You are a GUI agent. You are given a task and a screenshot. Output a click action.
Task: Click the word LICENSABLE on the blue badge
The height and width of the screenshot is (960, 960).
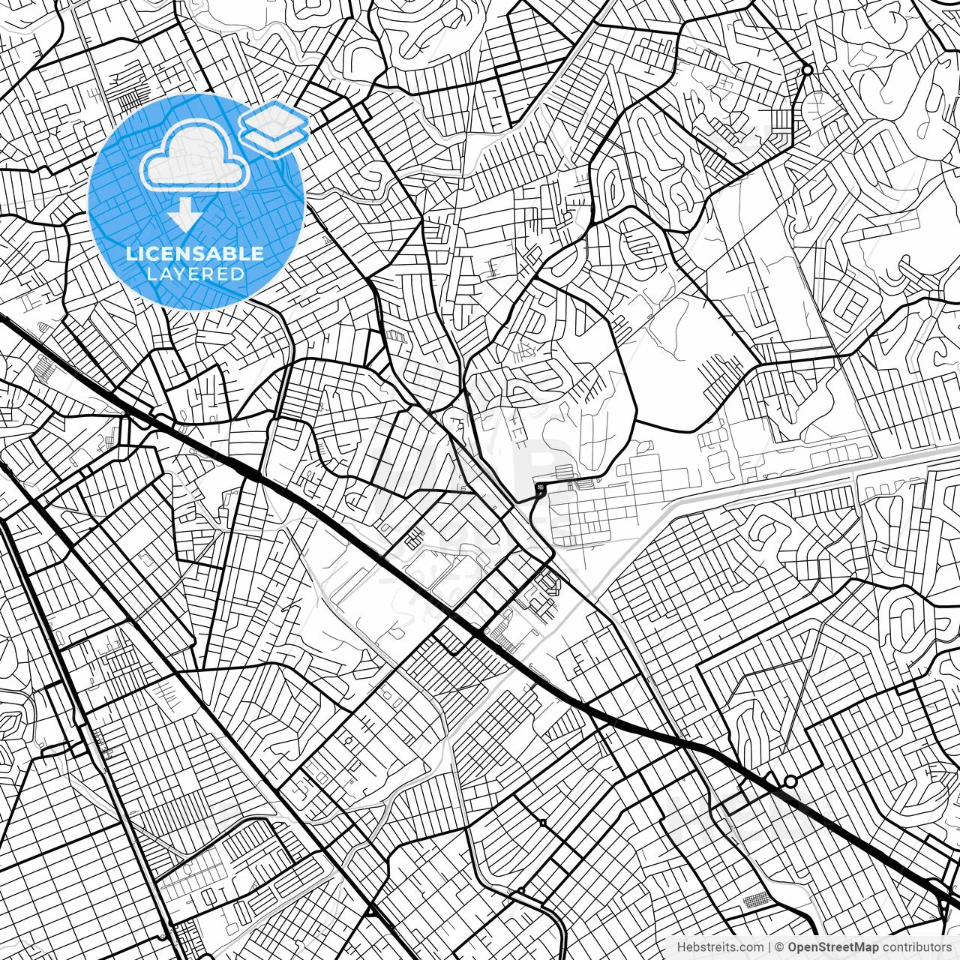pos(195,253)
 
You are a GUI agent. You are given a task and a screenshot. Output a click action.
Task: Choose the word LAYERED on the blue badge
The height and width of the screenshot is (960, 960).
pos(195,274)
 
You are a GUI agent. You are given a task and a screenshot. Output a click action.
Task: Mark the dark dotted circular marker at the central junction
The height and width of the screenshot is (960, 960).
pos(540,487)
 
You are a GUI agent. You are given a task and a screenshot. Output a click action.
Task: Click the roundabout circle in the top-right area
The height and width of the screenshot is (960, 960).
pos(807,70)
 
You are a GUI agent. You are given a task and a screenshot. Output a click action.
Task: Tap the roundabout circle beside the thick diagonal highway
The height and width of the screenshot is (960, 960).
pos(790,781)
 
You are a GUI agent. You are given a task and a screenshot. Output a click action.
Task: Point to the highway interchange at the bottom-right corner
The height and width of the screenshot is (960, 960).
pos(943,900)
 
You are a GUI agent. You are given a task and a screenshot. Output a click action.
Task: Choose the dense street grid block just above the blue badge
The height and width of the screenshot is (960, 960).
pos(136,97)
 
